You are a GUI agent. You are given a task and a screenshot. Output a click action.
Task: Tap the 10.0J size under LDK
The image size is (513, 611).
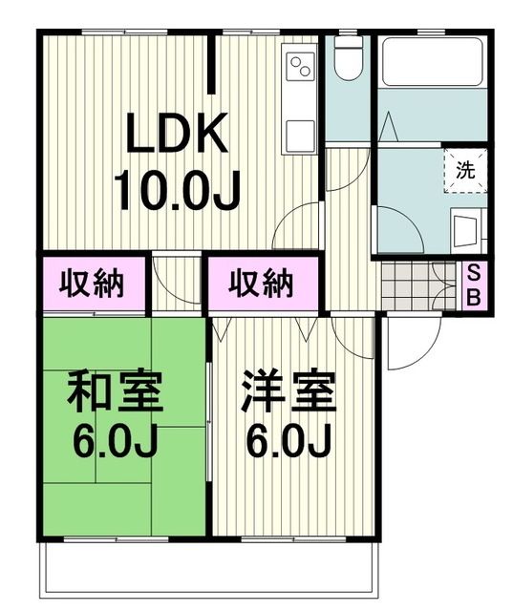[178, 190]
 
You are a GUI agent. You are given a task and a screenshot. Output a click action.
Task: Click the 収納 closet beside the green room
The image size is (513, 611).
[94, 284]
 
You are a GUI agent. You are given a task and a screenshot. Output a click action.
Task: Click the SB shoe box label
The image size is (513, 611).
[473, 284]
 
